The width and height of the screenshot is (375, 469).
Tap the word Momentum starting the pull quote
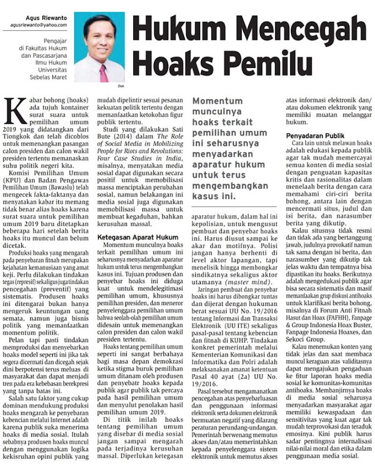click(218, 101)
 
